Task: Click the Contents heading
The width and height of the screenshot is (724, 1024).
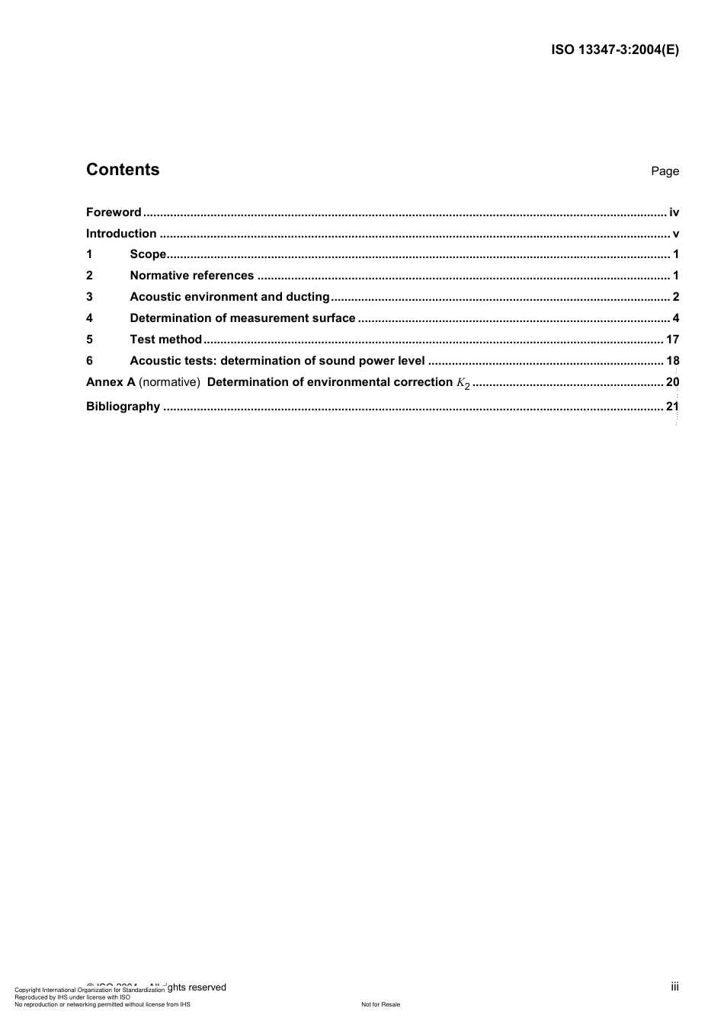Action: pyautogui.click(x=123, y=170)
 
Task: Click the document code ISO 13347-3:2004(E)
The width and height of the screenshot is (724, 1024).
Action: pyautogui.click(x=614, y=50)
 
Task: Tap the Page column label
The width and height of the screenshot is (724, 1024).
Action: pyautogui.click(x=665, y=171)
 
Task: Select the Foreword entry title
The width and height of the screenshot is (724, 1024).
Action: pyautogui.click(x=114, y=212)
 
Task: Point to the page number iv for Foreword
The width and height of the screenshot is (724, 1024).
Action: pyautogui.click(x=674, y=212)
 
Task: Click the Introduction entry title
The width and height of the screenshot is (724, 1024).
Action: pyautogui.click(x=121, y=234)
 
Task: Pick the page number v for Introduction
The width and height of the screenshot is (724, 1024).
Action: pyautogui.click(x=676, y=234)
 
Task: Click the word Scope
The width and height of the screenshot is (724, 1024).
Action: pyautogui.click(x=148, y=254)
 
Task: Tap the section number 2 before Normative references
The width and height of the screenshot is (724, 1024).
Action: pyautogui.click(x=89, y=276)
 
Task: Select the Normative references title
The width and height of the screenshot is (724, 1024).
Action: pyautogui.click(x=192, y=276)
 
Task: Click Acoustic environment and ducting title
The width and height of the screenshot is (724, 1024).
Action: pyautogui.click(x=229, y=297)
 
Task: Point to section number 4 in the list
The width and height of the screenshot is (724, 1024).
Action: pyautogui.click(x=89, y=318)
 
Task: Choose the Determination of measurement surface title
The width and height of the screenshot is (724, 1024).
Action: pyautogui.click(x=242, y=318)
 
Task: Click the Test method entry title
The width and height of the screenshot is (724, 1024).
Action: pyautogui.click(x=166, y=340)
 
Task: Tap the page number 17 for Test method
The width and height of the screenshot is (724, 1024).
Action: pyautogui.click(x=672, y=340)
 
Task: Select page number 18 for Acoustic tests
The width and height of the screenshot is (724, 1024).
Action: pyautogui.click(x=672, y=361)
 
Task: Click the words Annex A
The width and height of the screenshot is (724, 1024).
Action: pyautogui.click(x=111, y=382)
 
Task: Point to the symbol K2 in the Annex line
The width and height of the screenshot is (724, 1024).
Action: pyautogui.click(x=463, y=383)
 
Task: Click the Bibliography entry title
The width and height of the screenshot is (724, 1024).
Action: pyautogui.click(x=123, y=407)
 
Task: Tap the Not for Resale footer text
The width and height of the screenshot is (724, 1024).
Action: pyautogui.click(x=380, y=1004)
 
